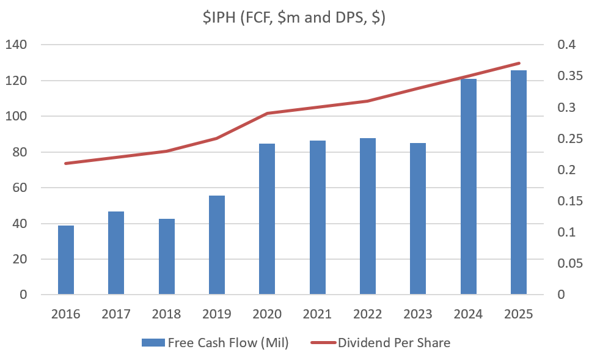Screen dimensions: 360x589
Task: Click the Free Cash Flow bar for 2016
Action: coord(66,260)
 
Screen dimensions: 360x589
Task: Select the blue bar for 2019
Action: coord(217,244)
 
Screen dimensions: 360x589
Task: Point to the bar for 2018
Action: coord(167,256)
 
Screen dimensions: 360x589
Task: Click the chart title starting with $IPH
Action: coord(294,18)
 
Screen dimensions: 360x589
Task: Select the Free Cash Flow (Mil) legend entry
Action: coord(215,342)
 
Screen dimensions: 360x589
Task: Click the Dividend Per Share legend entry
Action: coord(385,342)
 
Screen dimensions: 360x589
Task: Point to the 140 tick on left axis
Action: coord(18,45)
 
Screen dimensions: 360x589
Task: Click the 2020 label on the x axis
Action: coord(267,314)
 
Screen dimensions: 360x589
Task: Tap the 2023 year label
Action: coord(418,314)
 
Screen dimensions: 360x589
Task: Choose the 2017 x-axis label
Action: coord(116,314)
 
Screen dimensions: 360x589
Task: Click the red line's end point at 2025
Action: coord(519,63)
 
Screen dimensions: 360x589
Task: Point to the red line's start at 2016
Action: coord(66,163)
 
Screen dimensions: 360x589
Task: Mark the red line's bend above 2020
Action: coord(267,113)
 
